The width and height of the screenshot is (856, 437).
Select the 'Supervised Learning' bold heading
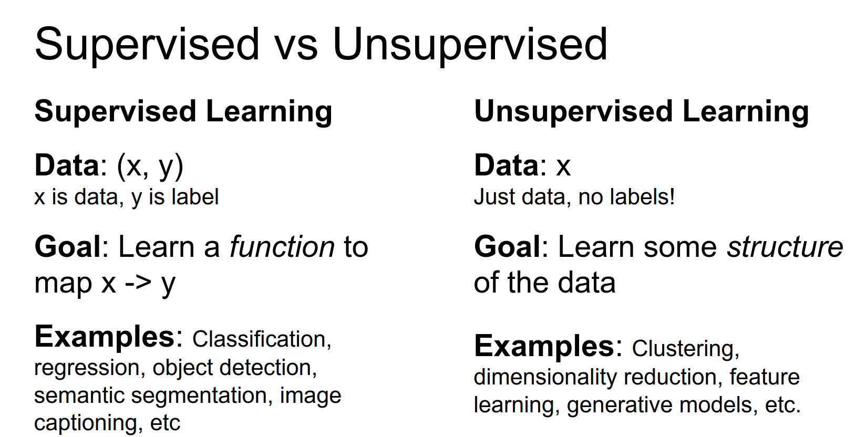(x=183, y=111)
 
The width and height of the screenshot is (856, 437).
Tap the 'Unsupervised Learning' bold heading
(x=642, y=111)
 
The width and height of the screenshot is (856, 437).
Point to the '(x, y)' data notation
(x=150, y=166)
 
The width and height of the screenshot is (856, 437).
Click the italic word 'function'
(x=282, y=247)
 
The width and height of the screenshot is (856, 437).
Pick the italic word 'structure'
(x=785, y=247)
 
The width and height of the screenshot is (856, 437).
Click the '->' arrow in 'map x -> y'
(x=138, y=284)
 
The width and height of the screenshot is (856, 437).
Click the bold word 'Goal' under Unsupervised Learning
(x=507, y=247)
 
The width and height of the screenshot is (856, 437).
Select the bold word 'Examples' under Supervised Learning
(x=105, y=337)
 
